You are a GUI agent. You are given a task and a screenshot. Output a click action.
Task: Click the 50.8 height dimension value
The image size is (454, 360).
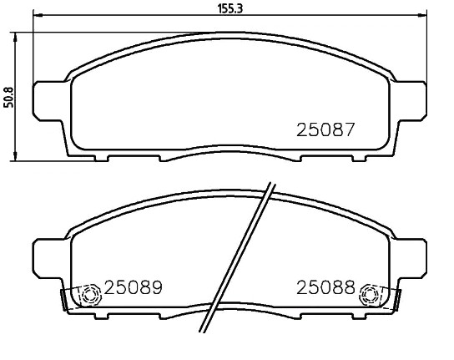pyautogui.click(x=9, y=95)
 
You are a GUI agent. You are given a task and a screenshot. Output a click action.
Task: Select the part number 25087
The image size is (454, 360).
pyautogui.click(x=326, y=130)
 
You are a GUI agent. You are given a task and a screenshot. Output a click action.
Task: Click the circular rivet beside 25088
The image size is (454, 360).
pyautogui.click(x=367, y=295)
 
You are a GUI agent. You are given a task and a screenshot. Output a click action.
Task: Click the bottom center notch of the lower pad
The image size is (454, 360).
pyautogui.click(x=228, y=316)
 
